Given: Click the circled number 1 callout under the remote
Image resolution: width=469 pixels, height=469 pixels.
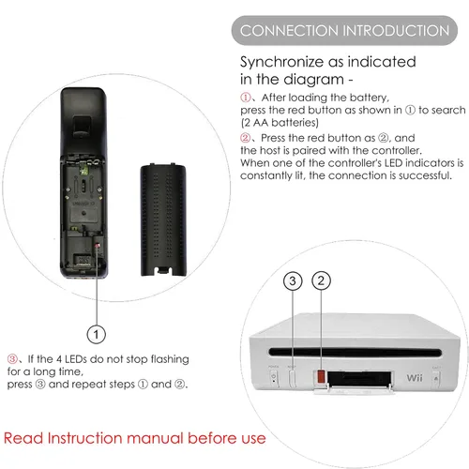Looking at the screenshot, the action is point(96,334).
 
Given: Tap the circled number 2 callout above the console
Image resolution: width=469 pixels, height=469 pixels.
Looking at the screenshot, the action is point(321,280).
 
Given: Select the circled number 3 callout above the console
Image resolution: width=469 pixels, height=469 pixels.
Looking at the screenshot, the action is point(293,280).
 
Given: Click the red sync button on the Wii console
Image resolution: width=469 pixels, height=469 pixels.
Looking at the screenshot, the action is point(321,376).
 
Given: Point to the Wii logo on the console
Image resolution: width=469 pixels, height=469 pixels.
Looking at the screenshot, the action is point(415,378).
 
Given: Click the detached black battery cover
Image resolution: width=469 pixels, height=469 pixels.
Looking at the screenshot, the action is point(163,219).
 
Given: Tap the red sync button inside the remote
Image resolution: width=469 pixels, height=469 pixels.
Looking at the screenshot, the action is point(98,245).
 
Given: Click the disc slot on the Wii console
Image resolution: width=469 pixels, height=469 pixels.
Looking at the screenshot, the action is point(355,353).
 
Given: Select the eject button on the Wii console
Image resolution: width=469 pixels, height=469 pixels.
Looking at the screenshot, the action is point(436,379).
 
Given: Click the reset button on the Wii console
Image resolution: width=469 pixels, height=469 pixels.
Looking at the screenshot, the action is point(293,378).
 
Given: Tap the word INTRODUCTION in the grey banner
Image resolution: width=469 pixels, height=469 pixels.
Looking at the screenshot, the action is point(396,31).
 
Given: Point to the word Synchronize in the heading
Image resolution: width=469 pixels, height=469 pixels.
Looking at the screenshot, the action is point(282,63).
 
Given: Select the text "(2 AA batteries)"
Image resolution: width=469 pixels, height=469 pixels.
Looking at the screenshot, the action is point(280,122).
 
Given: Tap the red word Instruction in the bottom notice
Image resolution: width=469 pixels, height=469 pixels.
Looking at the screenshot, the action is point(84,438).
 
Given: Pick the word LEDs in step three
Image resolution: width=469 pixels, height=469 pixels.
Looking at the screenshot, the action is point(76,359).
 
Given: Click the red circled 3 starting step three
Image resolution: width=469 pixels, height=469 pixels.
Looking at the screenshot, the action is point(12,358).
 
